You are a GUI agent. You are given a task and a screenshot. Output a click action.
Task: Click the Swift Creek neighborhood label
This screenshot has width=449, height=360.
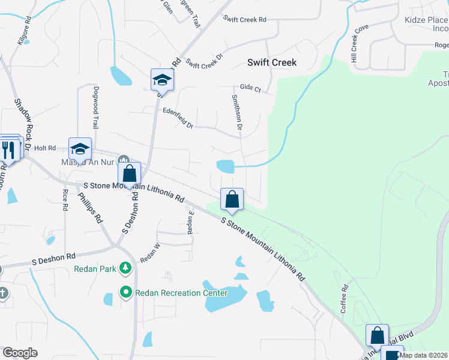point(272,62)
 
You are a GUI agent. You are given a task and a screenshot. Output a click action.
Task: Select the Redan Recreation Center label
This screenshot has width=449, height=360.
point(181,293)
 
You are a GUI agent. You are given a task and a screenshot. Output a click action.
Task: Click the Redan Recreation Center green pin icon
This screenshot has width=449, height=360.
point(125,293)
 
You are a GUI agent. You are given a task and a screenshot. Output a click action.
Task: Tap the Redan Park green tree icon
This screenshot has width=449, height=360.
point(125,268)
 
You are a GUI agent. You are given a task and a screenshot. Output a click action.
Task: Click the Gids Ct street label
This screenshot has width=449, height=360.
point(250,88)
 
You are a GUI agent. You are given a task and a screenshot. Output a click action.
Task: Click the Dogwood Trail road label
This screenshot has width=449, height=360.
point(95,107)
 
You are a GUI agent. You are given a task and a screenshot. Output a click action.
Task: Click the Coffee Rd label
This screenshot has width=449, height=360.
point(345,298)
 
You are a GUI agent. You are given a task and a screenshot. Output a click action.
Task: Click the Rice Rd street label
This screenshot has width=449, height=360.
point(65,200)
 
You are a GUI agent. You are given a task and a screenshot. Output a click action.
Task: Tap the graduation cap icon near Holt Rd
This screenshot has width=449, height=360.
point(80,149)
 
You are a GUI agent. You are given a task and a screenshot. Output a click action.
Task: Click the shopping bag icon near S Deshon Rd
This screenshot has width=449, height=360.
point(129,175)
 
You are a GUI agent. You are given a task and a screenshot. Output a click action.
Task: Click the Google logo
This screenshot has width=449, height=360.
point(20,353)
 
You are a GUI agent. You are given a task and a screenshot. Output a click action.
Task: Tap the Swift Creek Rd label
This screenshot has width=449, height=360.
point(244,19)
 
